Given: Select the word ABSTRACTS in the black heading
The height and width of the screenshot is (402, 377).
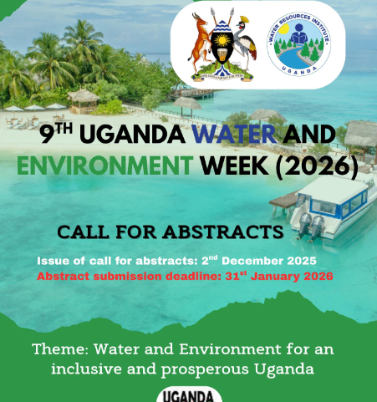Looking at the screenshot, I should click(x=224, y=231).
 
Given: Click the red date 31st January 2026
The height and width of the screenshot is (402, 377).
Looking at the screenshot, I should click(x=282, y=276).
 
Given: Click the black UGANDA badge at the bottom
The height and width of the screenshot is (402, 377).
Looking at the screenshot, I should click(x=189, y=394).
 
